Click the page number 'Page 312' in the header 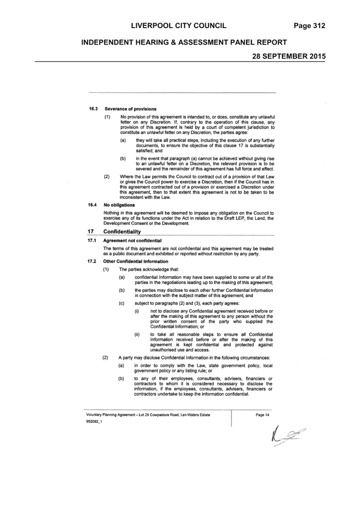tap(309, 26)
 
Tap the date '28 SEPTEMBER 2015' tap(289, 56)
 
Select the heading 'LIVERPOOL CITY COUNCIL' tap(179, 26)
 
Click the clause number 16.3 tap(94, 109)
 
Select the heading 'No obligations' tap(119, 205)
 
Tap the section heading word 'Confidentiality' tap(122, 232)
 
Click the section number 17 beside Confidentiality tap(90, 232)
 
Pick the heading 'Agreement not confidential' tap(132, 240)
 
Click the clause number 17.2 tap(92, 261)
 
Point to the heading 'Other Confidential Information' tap(136, 261)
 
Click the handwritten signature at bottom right tap(287, 435)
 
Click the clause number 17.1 tap(92, 240)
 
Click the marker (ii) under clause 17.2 tap(137, 334)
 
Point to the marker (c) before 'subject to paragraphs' tap(122, 303)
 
